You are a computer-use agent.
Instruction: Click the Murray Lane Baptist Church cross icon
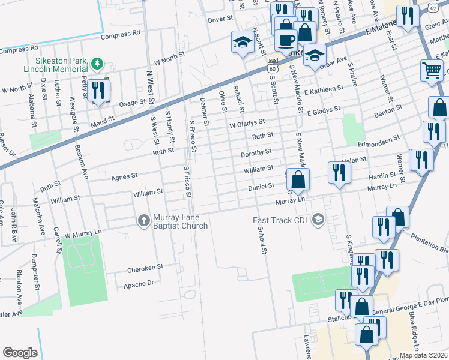click(143, 221)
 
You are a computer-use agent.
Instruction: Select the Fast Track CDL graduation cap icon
click(318, 221)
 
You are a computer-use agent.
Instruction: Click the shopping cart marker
click(432, 71)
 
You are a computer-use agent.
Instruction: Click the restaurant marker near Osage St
click(98, 91)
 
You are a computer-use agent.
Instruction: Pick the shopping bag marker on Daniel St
click(298, 179)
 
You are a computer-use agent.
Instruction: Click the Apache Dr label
click(140, 283)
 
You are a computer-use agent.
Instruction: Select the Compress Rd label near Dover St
click(120, 34)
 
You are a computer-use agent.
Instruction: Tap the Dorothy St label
click(256, 152)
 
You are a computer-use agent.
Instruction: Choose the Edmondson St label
click(379, 140)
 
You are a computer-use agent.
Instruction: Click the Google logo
click(20, 352)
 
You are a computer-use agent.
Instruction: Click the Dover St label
click(220, 19)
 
